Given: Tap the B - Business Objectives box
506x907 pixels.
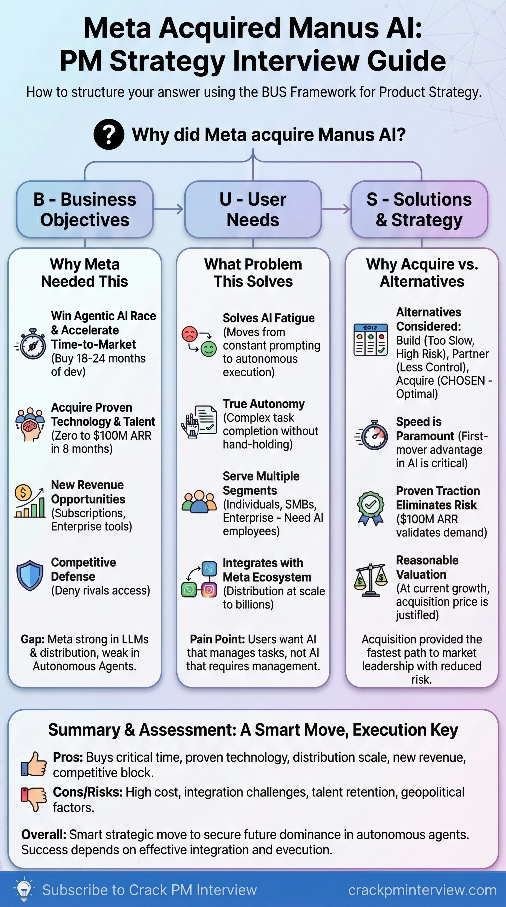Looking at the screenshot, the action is (x=85, y=209).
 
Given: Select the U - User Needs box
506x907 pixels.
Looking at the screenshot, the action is (x=253, y=209).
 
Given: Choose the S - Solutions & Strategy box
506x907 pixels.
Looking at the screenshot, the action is (x=419, y=209).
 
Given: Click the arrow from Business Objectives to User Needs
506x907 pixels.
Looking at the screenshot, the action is (x=169, y=209).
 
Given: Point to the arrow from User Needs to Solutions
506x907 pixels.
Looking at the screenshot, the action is (x=336, y=209).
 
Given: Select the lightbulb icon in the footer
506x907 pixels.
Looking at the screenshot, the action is (x=24, y=890).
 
